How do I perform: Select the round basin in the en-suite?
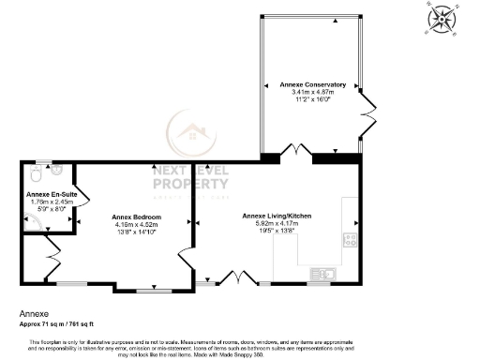click(x=57, y=172)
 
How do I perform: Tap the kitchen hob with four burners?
click(x=351, y=238)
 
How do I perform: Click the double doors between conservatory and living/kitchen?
click(x=298, y=152)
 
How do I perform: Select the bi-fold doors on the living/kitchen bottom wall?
click(x=231, y=277)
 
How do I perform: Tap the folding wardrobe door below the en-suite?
click(x=52, y=254)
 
